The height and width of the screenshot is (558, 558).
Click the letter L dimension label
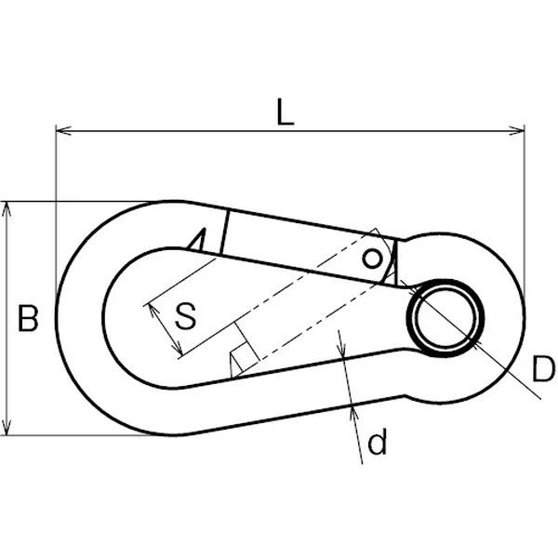[x=286, y=113]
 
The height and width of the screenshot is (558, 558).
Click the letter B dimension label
[x=28, y=318]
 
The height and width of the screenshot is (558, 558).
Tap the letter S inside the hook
[x=185, y=315]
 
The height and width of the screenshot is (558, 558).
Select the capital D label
[x=543, y=369]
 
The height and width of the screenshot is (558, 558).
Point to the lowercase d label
[x=377, y=442]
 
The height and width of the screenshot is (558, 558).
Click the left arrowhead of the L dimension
[x=63, y=130]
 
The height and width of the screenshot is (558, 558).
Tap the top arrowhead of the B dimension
[x=7, y=209]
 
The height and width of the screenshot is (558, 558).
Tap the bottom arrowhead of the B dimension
[x=7, y=427]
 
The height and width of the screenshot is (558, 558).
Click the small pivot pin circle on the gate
[x=372, y=259]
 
